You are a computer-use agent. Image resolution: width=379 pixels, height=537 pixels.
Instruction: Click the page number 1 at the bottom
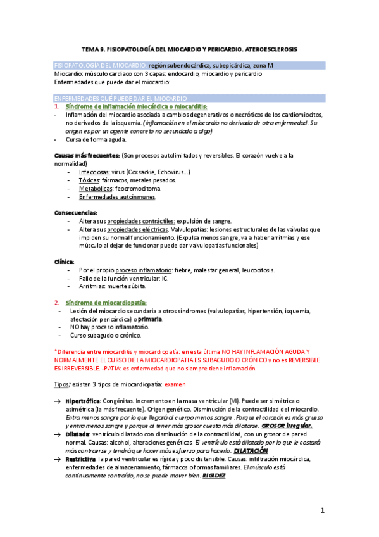(322, 510)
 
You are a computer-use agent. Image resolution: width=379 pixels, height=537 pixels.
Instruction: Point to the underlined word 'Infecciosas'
(94, 172)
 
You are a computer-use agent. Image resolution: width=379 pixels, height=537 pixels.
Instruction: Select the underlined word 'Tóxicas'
(89, 180)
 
